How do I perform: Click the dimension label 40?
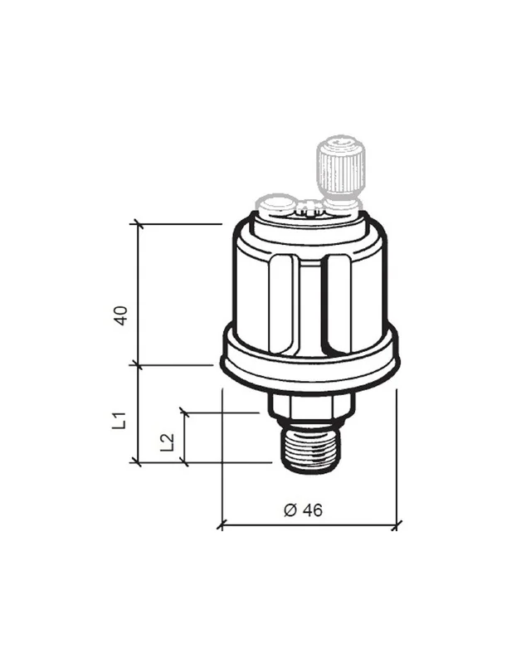click(x=122, y=315)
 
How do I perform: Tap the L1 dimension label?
click(x=119, y=420)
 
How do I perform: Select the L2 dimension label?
click(x=168, y=442)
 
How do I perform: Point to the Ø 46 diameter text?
click(x=303, y=510)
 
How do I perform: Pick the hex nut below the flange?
click(x=311, y=406)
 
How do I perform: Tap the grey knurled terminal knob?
click(x=341, y=170)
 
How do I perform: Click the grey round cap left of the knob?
click(x=277, y=203)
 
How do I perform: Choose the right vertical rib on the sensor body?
click(x=337, y=304)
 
